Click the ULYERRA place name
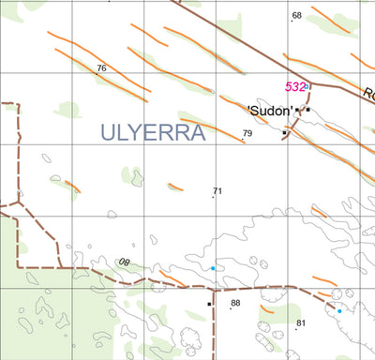click(151, 133)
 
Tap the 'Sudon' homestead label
click(271, 111)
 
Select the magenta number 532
click(295, 87)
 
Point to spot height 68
click(296, 16)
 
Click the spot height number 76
click(101, 68)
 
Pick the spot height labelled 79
click(247, 134)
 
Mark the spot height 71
click(217, 191)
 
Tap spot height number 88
click(235, 303)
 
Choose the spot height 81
click(301, 323)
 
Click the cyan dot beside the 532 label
click(307, 87)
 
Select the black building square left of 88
click(210, 304)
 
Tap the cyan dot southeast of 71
click(213, 269)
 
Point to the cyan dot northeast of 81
click(338, 310)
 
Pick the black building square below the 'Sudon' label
click(285, 133)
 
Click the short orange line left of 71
click(175, 187)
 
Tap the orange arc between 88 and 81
click(266, 307)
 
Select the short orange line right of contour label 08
click(172, 277)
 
